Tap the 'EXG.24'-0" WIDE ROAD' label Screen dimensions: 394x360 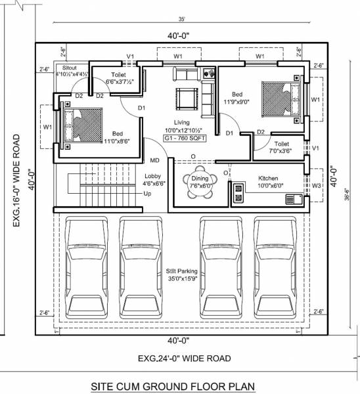click(x=183, y=358)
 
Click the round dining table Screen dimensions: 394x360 click(x=197, y=181)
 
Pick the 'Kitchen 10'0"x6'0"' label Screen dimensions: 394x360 click(x=268, y=182)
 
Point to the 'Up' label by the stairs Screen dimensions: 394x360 click(x=147, y=194)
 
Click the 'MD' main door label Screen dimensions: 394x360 click(x=155, y=160)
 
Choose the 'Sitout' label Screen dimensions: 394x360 click(x=70, y=68)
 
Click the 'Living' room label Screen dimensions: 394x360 click(x=182, y=122)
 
